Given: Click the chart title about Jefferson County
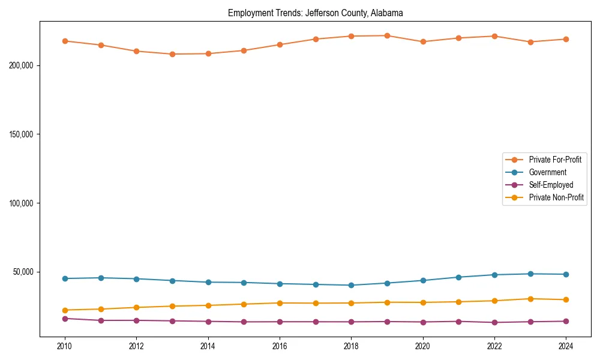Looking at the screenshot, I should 315,13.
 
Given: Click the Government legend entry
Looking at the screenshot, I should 547,172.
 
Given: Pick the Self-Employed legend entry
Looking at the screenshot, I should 551,185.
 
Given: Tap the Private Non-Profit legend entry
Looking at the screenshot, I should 556,197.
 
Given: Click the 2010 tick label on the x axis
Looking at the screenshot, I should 65,346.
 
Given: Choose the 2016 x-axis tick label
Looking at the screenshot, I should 280,346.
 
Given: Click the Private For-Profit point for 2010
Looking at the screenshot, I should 65,41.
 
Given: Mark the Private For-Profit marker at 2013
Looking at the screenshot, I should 172,54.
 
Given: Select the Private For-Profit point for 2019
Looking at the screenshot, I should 387,35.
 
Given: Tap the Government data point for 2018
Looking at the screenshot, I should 351,285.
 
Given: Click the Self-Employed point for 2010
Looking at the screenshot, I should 65,319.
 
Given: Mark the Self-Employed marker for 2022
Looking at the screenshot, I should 494,322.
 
